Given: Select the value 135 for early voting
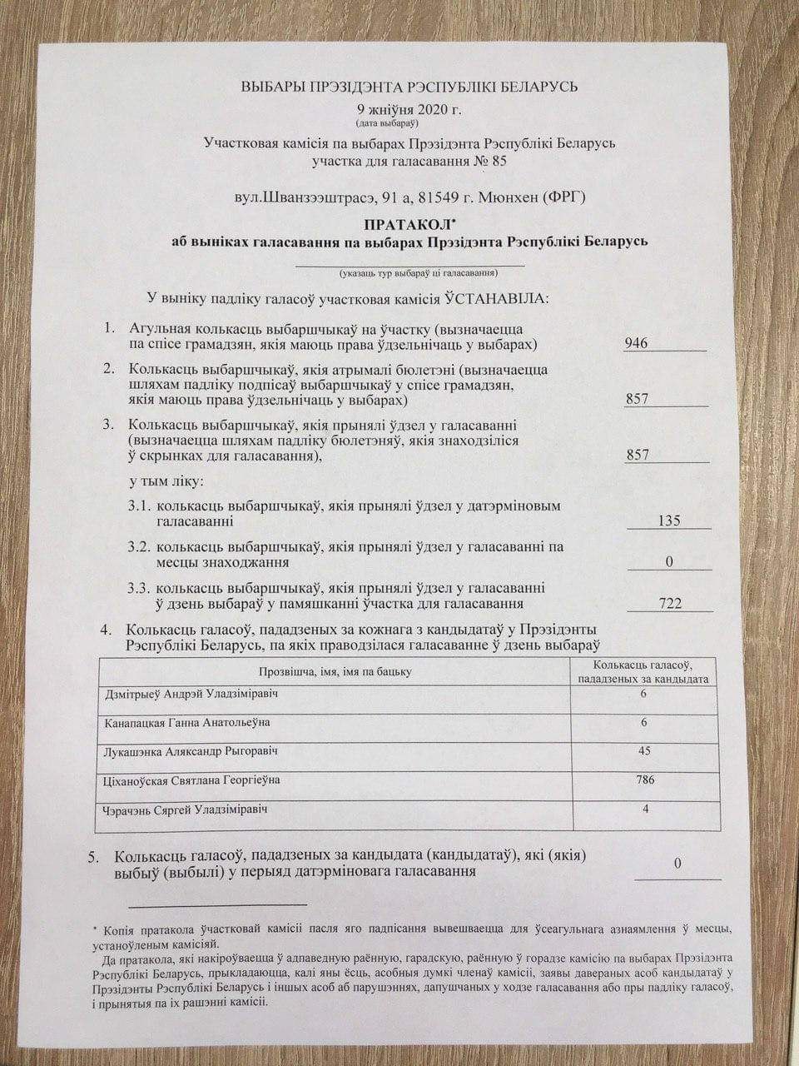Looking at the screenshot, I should pos(668,521).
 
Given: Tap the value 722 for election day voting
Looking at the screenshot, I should pos(670,603).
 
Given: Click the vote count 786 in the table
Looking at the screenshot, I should pos(643,780).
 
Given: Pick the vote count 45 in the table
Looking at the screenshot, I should pos(643,751).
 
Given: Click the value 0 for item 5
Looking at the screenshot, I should pos(677,864).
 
